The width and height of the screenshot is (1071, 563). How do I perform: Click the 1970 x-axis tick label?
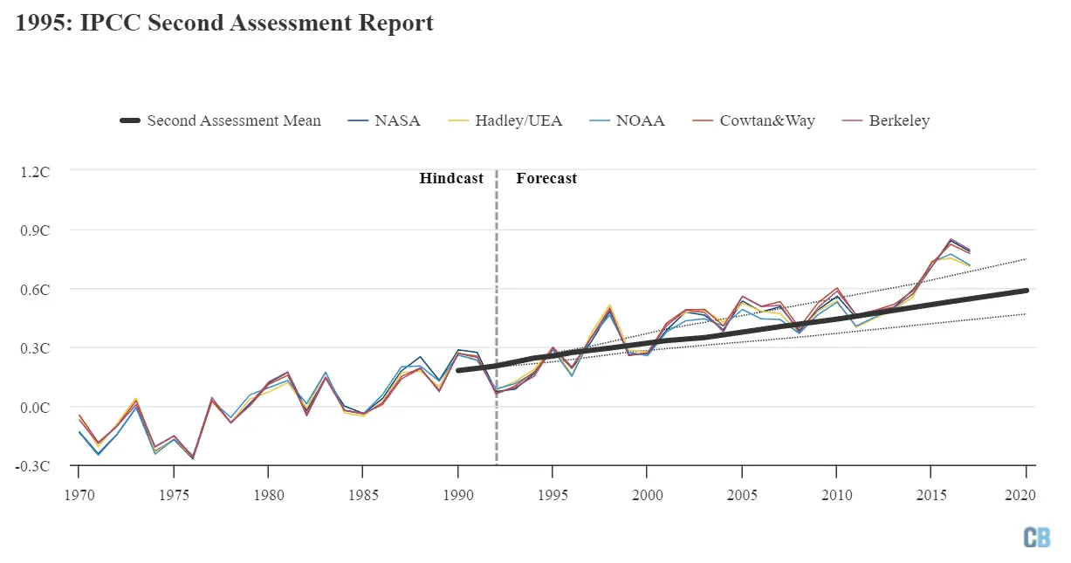(x=79, y=494)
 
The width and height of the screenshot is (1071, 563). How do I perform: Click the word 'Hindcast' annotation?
(x=451, y=178)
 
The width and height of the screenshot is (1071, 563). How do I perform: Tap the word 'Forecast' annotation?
(x=546, y=178)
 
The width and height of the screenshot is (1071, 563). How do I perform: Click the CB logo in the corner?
(x=1037, y=538)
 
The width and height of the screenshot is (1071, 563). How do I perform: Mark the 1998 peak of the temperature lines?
(x=609, y=308)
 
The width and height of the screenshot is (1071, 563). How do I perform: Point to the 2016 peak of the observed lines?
(x=950, y=240)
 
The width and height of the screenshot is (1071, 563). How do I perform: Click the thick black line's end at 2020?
(x=1026, y=291)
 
